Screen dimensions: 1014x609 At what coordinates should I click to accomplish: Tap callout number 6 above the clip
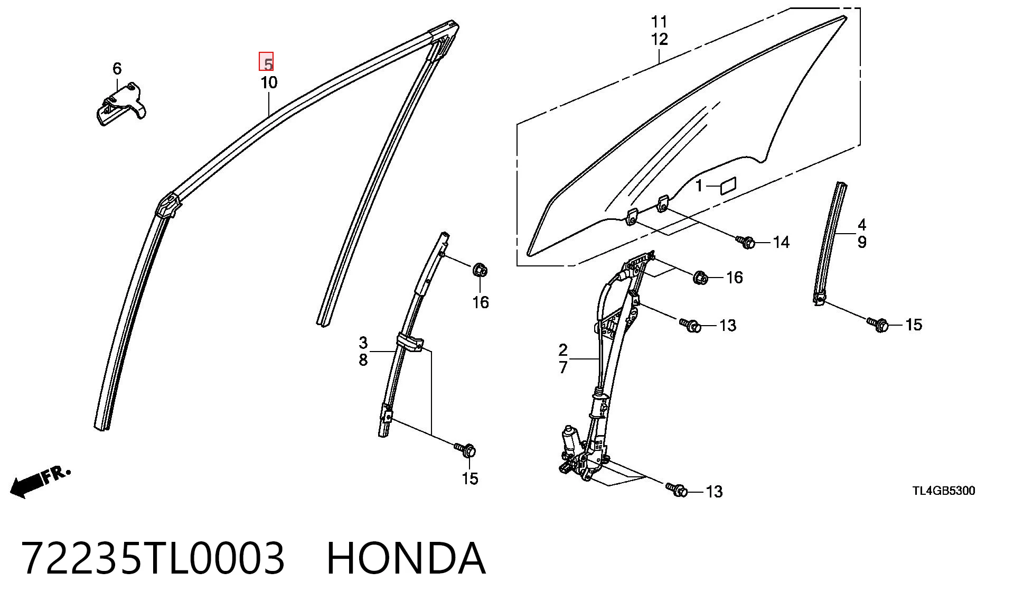pos(117,68)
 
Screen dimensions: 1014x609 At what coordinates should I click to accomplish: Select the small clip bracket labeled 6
pos(121,104)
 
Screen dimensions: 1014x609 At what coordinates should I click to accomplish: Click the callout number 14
pos(781,242)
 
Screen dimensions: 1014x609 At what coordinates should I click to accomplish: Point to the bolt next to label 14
pos(746,242)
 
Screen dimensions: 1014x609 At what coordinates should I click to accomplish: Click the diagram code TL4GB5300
pos(944,491)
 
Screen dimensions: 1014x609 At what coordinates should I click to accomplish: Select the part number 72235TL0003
pos(153,558)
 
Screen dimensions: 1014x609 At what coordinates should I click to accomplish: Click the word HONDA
pos(406,558)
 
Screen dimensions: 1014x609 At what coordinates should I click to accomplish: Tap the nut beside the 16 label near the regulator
pos(700,277)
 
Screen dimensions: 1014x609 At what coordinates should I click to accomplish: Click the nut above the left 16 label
pos(480,270)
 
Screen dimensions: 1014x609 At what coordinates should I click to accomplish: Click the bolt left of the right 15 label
pos(877,324)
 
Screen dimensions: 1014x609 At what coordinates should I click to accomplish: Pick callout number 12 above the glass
pos(660,39)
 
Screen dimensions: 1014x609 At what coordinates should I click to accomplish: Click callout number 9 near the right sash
pos(862,242)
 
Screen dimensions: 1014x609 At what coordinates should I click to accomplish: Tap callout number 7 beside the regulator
pos(563,367)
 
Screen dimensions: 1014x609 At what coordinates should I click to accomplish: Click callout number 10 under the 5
pos(268,82)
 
